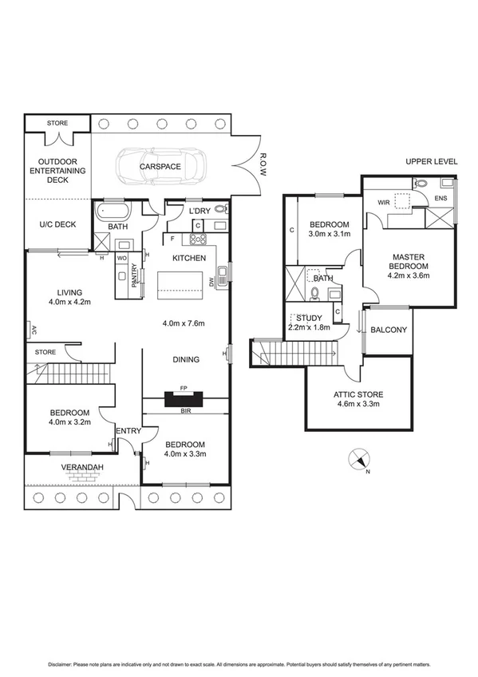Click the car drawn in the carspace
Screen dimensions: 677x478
click(x=160, y=167)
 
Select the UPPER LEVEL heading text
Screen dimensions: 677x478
click(x=432, y=161)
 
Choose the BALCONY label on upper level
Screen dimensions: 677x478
click(x=389, y=330)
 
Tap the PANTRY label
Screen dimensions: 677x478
click(x=135, y=275)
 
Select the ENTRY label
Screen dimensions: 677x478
click(x=128, y=431)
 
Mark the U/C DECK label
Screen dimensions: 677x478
click(x=57, y=224)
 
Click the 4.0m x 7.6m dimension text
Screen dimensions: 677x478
click(x=184, y=323)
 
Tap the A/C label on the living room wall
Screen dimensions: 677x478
click(x=33, y=328)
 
